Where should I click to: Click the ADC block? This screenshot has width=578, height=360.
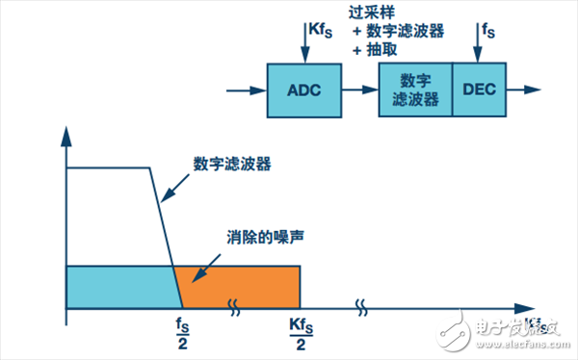click(303, 90)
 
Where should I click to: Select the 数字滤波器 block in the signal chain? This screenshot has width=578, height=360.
click(414, 90)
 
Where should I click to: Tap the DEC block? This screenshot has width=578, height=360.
click(478, 90)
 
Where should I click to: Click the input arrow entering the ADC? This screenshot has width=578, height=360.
click(244, 90)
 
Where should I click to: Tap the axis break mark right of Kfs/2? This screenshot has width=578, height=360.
click(361, 308)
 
